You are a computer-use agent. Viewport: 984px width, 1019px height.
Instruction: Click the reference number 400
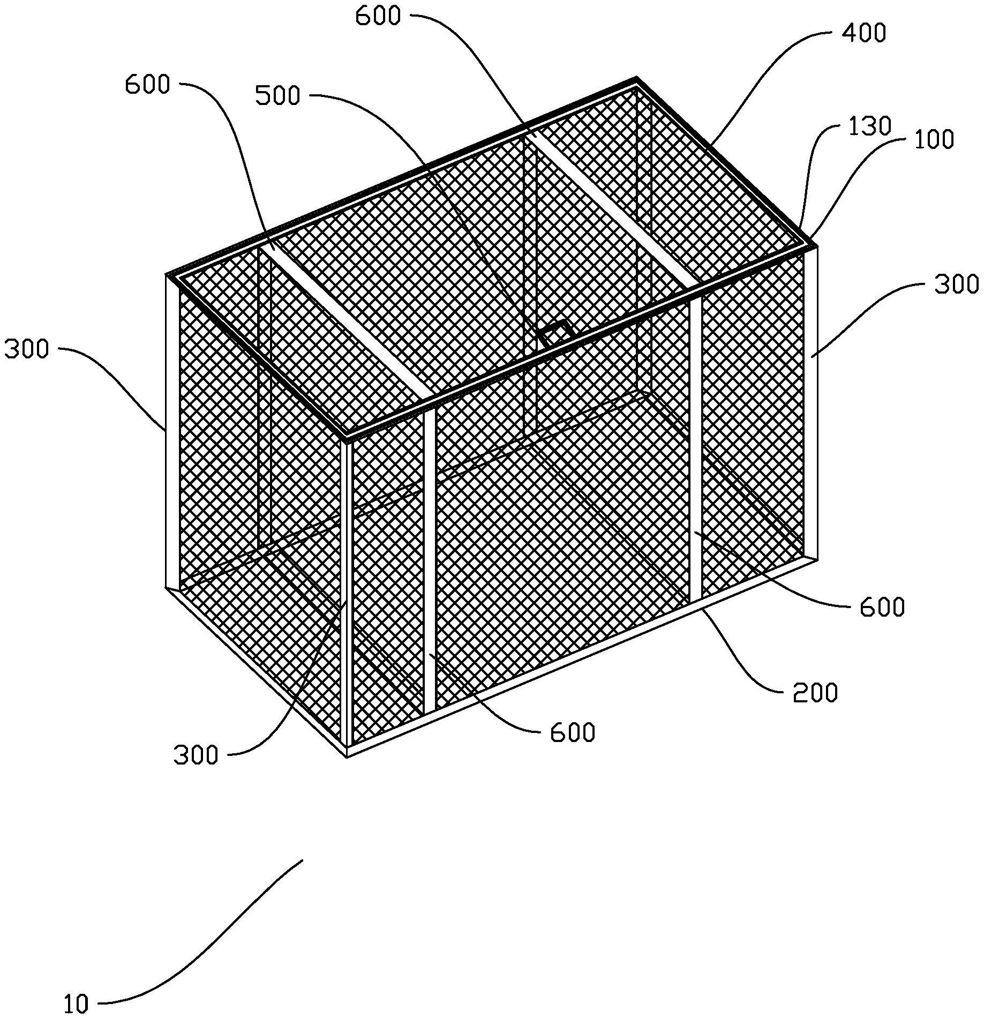point(863,33)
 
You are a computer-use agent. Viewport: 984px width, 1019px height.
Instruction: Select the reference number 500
point(277,96)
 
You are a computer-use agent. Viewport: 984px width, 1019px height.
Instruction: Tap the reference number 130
point(869,126)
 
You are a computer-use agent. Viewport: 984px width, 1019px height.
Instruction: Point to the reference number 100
point(933,140)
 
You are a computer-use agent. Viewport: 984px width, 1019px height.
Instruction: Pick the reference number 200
point(815,693)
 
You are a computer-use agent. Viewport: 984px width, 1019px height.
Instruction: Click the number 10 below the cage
point(76,1005)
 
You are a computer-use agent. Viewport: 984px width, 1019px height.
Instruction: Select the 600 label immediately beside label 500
point(147,85)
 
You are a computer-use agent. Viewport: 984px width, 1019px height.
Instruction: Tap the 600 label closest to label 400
point(378,17)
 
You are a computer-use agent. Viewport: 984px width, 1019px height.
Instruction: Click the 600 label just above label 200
point(882,608)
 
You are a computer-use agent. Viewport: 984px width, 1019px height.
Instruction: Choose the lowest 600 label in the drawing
point(573,732)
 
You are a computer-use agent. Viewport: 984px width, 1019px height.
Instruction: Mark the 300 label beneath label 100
point(957,285)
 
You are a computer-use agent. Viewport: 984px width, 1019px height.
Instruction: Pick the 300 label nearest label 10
point(196,755)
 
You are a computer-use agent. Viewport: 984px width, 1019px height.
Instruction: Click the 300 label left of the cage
point(26,349)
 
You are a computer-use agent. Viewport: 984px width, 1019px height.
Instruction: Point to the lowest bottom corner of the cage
point(348,756)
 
